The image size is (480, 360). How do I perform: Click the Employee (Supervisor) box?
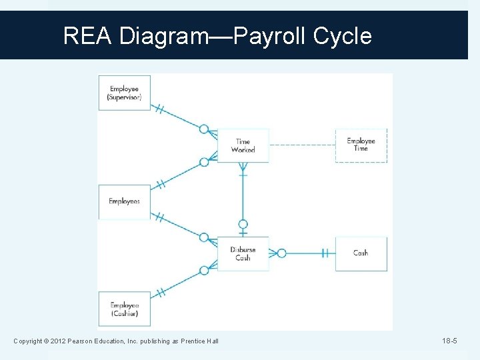[x=125, y=93]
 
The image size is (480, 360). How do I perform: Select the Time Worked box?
[x=243, y=145]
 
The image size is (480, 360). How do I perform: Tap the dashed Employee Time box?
[x=361, y=145]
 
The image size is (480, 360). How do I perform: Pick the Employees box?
[x=125, y=201]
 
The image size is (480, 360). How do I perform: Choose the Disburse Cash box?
[x=243, y=253]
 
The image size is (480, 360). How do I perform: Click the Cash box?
[x=361, y=253]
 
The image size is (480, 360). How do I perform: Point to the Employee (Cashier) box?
[x=125, y=309]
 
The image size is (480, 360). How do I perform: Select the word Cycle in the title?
[x=342, y=35]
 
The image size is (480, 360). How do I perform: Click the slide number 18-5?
[x=449, y=341]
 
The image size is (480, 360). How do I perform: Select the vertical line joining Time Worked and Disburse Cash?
[x=243, y=197]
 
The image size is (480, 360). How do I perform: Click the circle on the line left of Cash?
[x=282, y=253]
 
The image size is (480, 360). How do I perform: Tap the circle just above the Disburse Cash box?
[x=243, y=225]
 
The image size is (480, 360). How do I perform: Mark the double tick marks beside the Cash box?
[x=325, y=253]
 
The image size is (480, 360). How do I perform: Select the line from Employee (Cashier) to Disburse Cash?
[x=180, y=283]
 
